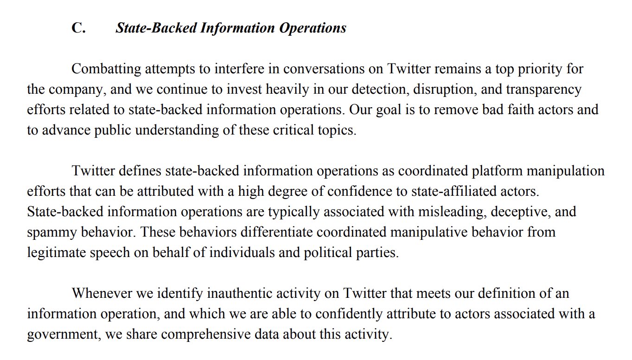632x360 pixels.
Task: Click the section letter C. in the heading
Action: [78, 28]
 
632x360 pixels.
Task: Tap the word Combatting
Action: [106, 69]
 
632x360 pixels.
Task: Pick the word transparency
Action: [543, 90]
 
